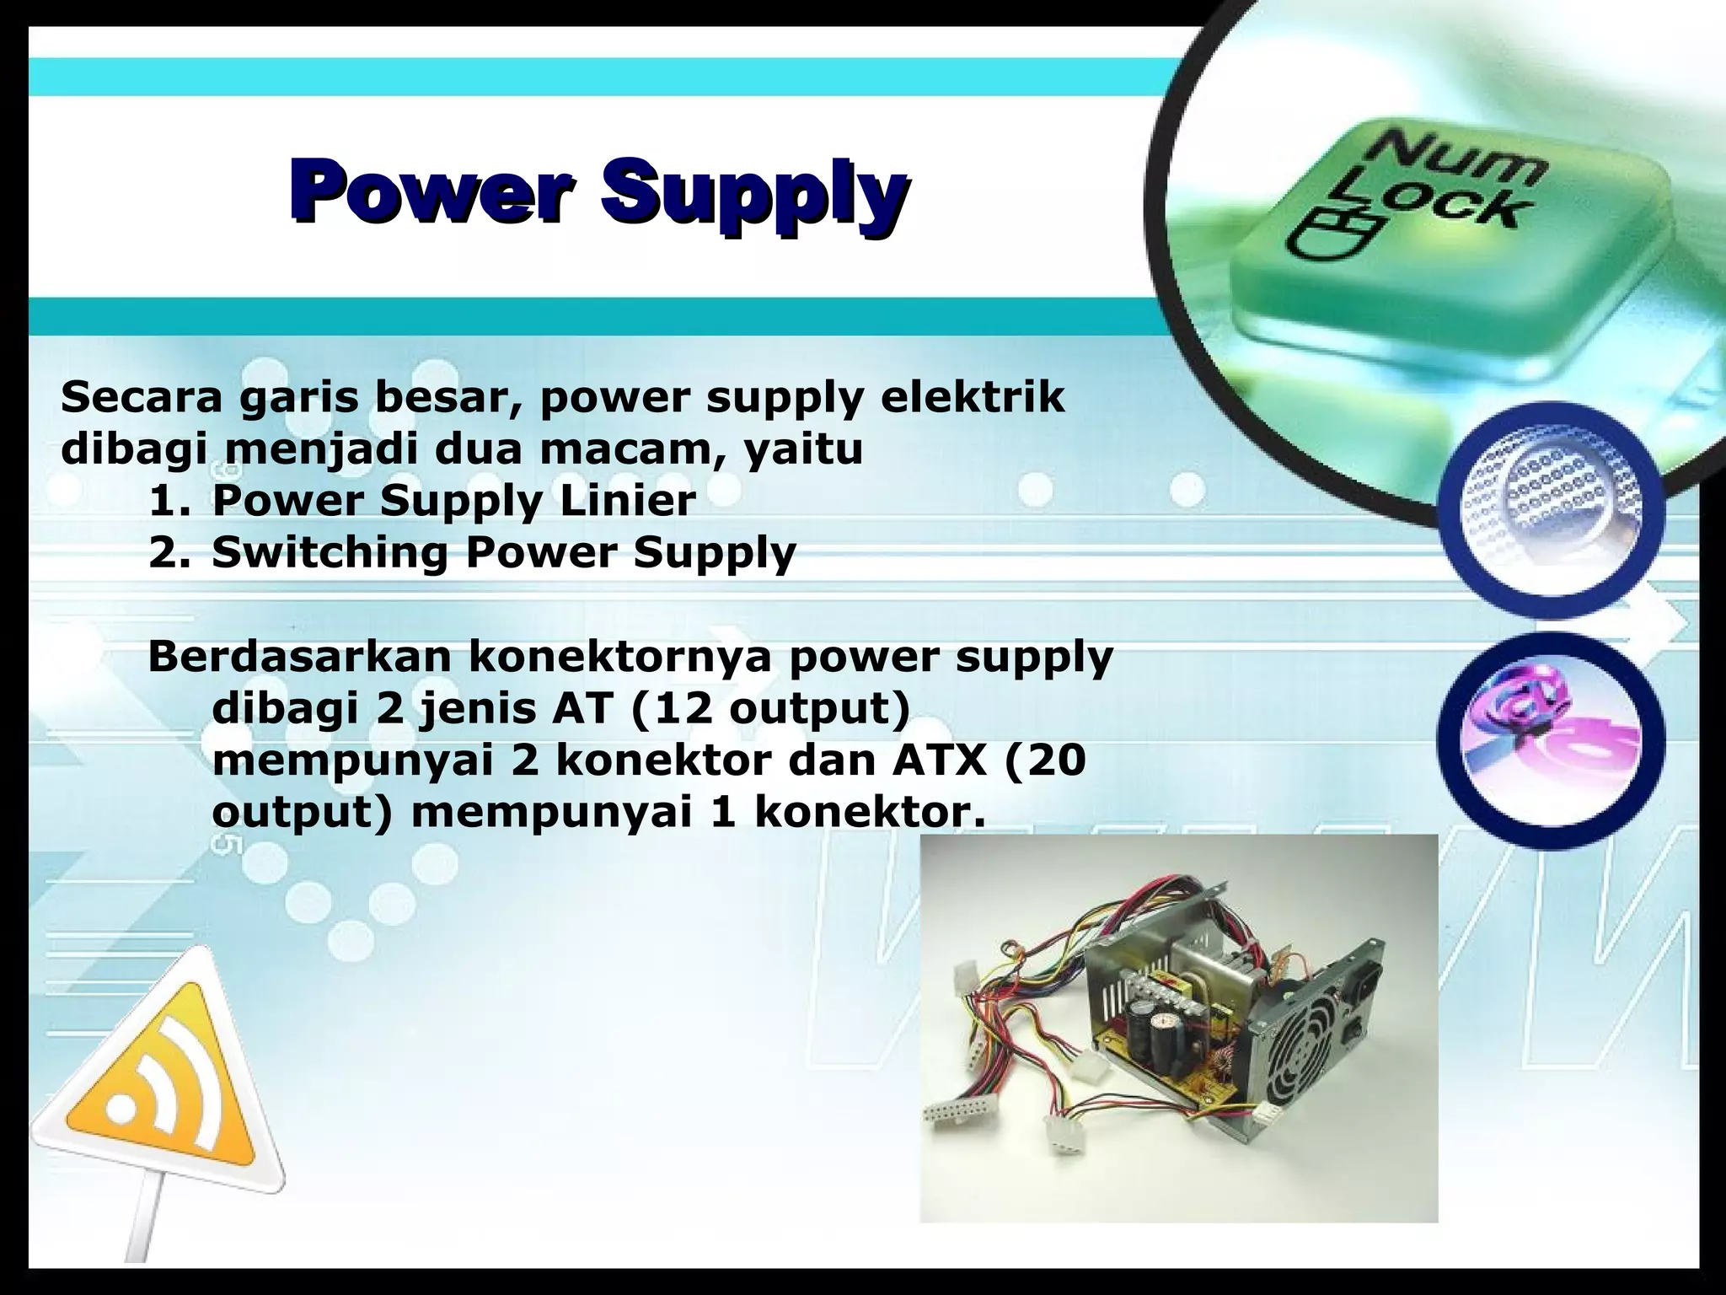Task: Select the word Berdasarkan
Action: tap(298, 657)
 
